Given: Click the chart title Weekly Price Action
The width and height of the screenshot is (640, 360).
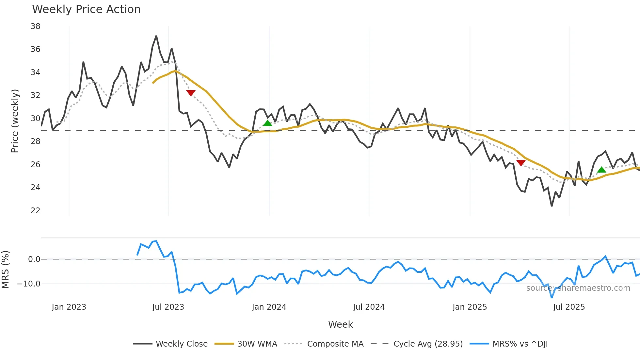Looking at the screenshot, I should point(86,9).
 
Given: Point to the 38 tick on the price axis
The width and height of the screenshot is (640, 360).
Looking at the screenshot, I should point(35,26).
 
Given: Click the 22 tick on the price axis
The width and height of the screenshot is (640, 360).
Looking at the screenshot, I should point(35,211).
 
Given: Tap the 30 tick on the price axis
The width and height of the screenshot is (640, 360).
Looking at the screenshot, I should point(35,119).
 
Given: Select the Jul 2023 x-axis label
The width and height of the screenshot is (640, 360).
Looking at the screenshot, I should point(168,307).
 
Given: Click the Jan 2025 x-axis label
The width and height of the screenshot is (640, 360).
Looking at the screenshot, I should point(470,307).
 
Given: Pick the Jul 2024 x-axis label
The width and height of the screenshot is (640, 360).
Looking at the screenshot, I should point(369,307).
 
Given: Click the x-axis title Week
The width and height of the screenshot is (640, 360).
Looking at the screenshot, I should point(340,324).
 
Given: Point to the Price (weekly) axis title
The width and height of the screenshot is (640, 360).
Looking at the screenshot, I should point(15,121).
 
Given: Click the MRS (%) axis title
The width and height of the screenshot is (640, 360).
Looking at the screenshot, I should point(5,270).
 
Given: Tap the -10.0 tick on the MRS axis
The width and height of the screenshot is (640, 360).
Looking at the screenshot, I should point(29,284).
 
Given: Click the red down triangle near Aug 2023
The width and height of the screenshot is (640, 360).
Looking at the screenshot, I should point(191,93).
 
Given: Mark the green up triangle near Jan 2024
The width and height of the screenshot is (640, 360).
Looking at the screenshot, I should point(267,123).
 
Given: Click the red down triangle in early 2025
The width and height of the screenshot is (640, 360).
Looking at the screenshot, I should point(521,163).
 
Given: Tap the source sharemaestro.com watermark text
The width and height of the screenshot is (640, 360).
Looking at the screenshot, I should point(578,288).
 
